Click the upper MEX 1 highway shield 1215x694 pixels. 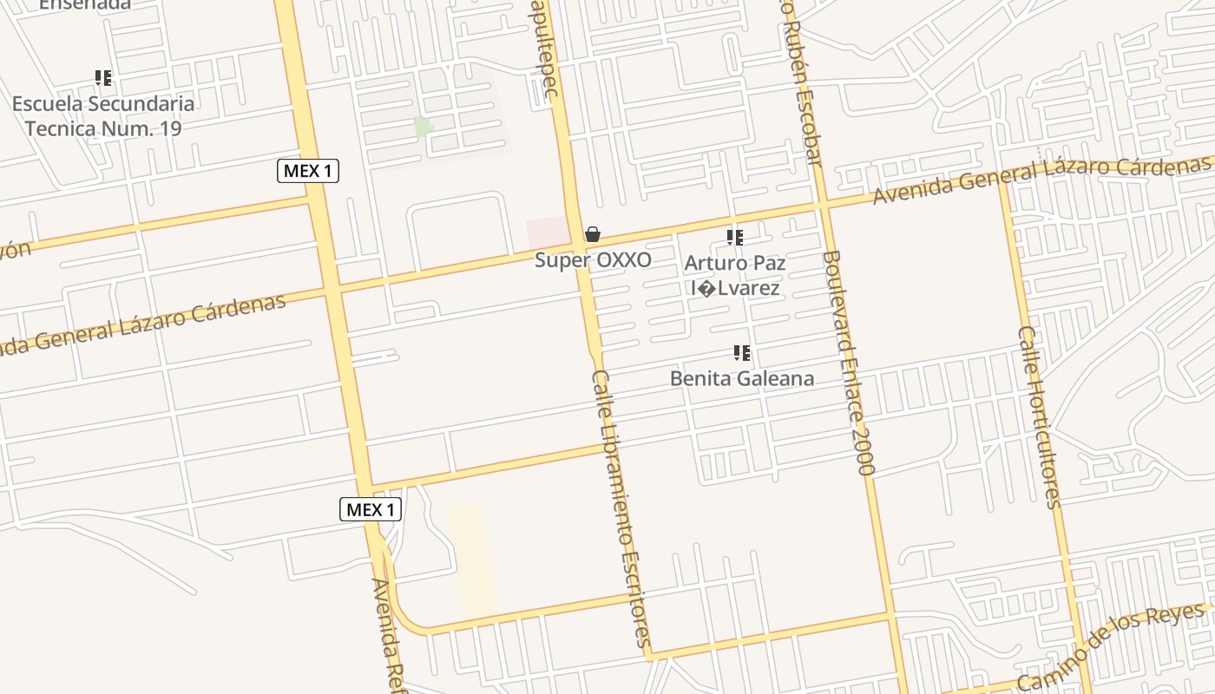308,171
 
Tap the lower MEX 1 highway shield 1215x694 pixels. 371,509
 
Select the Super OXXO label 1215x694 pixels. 593,259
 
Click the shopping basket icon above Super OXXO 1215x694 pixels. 593,234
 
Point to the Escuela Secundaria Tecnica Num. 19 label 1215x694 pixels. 102,116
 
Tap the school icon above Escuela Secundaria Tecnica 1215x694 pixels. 103,79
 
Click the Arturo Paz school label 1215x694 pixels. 735,275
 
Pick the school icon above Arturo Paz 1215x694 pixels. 735,237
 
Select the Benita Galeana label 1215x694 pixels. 742,378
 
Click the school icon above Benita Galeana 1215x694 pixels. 742,353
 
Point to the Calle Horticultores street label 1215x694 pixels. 1040,416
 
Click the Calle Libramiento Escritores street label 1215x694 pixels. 621,509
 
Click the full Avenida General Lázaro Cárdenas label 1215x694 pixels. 1041,178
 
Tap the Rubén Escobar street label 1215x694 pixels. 802,82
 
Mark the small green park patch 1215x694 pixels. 424,126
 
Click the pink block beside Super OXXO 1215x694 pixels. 548,232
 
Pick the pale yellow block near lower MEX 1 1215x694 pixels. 473,560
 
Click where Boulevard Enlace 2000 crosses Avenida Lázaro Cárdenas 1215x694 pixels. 823,206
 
